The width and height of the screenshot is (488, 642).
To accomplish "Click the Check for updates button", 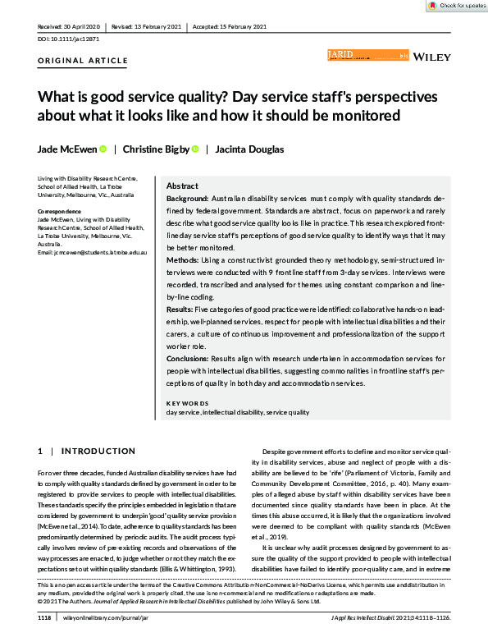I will tap(455, 6).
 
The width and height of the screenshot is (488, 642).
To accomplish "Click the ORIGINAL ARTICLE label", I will tap(83, 61).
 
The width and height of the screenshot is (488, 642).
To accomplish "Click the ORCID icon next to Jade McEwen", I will tap(103, 149).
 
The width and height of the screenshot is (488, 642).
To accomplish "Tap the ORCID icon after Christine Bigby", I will tap(195, 149).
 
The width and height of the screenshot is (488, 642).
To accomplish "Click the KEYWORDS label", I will tap(187, 403).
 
